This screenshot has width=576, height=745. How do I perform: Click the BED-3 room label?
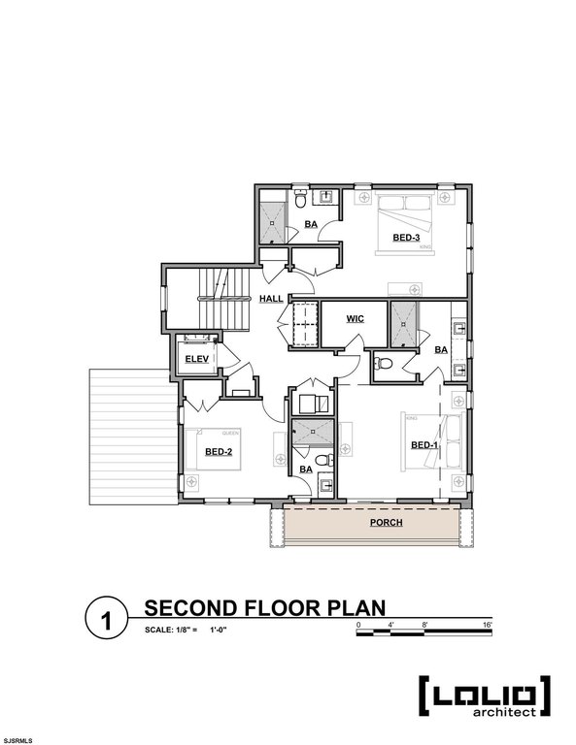pos(406,238)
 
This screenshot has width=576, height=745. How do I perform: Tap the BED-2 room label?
pos(218,451)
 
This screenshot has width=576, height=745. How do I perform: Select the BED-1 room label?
pos(423,445)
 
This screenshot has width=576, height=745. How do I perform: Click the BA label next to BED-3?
pos(311,225)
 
